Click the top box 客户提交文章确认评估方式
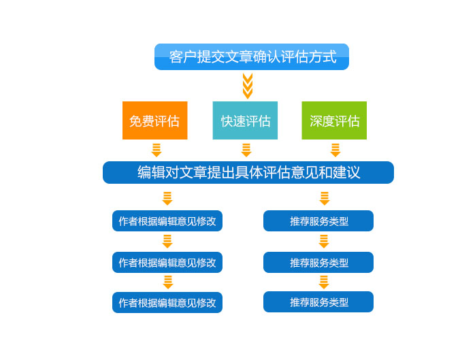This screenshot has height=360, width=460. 251,56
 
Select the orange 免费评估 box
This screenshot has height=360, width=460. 155,120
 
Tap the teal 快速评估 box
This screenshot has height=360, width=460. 245,120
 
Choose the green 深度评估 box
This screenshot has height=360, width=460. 334,120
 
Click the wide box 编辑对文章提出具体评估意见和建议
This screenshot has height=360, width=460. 248,173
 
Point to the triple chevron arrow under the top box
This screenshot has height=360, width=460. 248,86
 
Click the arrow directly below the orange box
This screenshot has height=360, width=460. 157,150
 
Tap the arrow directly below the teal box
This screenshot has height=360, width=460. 246,150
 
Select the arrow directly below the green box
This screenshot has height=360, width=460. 335,150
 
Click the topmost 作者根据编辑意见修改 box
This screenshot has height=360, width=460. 167,221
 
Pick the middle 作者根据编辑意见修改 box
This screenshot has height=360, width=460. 167,262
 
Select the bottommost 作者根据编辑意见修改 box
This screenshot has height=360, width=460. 167,302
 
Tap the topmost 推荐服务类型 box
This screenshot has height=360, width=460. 318,221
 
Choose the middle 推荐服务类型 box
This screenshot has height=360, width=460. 318,262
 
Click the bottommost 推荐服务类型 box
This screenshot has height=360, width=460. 318,302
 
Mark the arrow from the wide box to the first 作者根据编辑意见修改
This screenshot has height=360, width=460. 167,199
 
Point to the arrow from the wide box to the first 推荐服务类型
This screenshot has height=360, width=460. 325,199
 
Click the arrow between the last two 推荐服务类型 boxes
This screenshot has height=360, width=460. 324,282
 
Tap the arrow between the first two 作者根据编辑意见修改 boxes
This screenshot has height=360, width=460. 167,242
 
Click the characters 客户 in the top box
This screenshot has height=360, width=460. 182,56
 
